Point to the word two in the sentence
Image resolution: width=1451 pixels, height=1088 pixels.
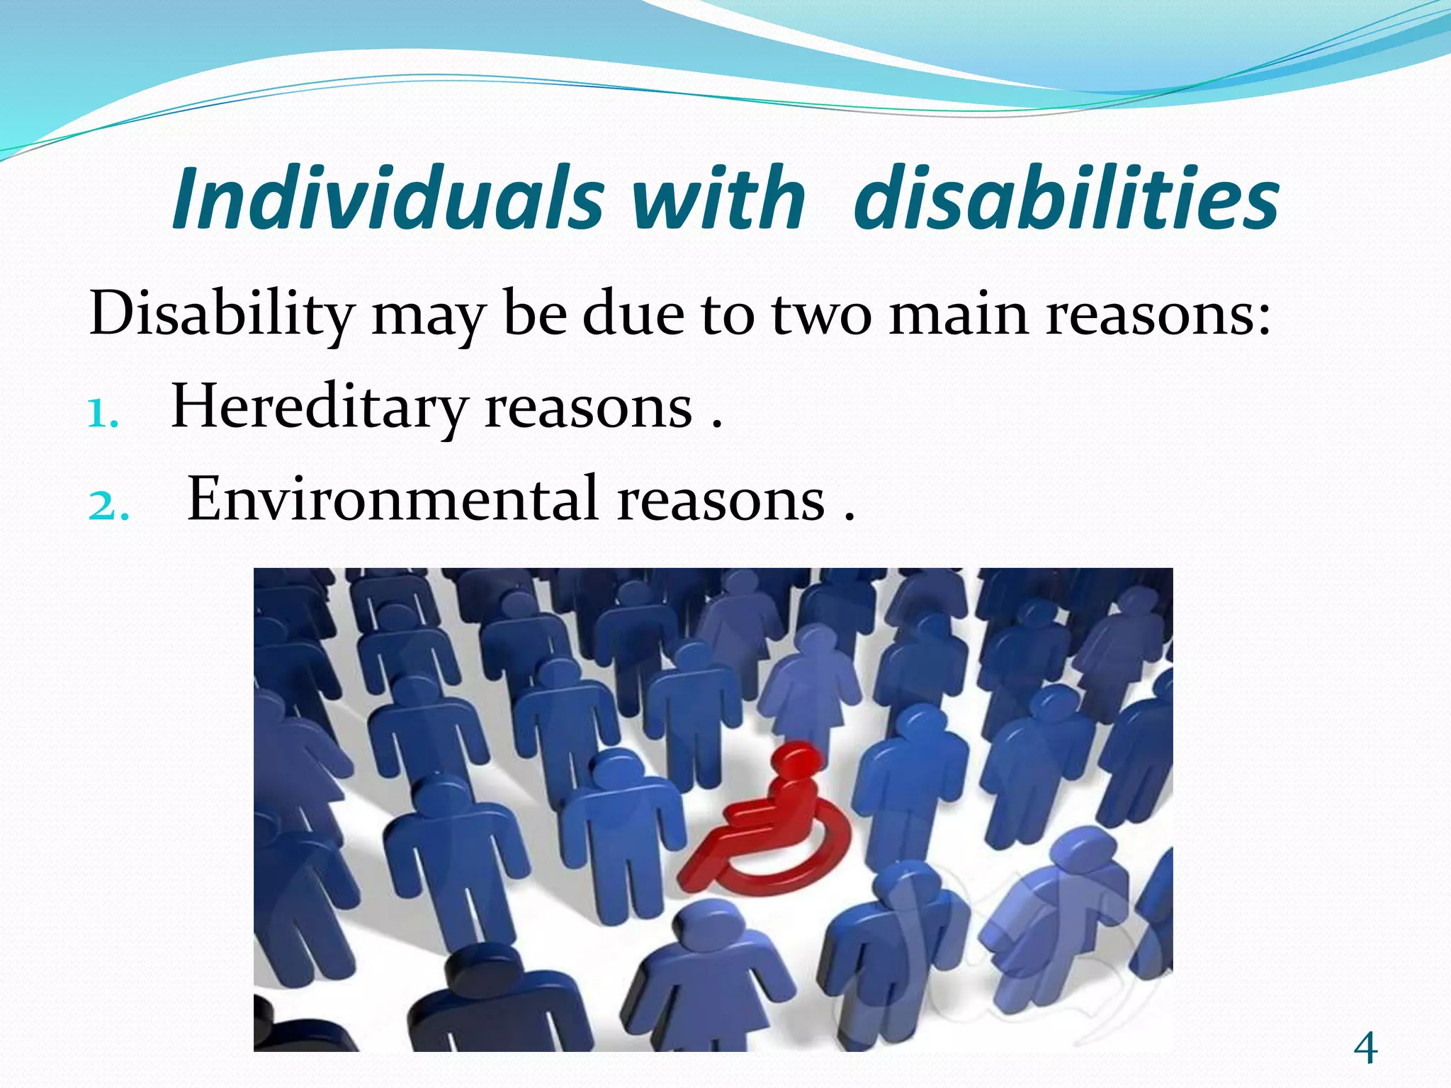[x=821, y=314]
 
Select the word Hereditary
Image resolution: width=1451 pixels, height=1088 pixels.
[x=319, y=408]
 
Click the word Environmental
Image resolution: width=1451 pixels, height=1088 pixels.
[x=393, y=500]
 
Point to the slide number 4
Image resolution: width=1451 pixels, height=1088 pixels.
[x=1365, y=1049]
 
